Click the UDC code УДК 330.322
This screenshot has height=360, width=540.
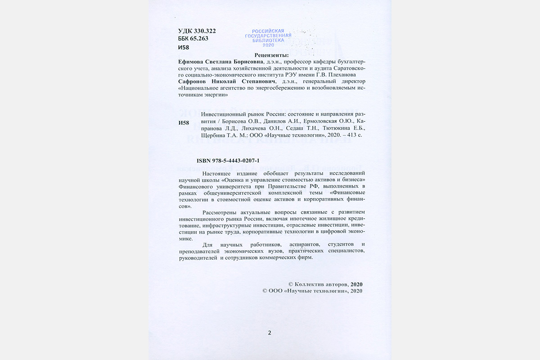pos(197,31)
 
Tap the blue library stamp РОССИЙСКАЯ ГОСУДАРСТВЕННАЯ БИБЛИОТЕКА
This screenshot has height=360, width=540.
pos(268,38)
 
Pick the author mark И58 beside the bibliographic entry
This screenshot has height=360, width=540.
pos(184,123)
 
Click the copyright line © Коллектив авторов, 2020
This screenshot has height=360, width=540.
pos(325,284)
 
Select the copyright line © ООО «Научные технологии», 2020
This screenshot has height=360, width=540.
pos(312,291)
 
